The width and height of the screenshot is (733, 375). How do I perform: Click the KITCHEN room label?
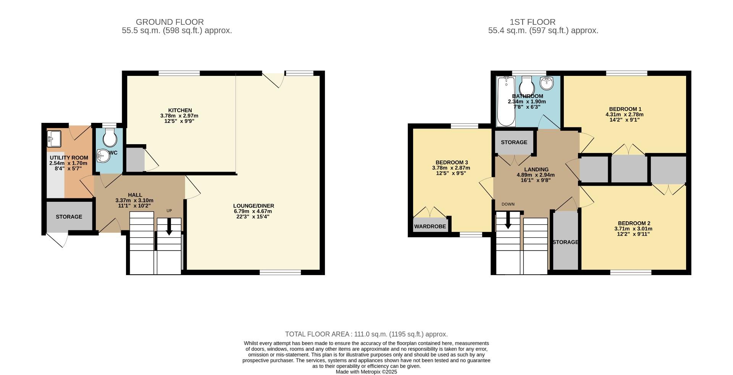(x=179, y=110)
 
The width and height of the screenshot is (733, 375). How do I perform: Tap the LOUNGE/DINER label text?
(x=253, y=206)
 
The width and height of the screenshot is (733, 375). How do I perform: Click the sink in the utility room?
(x=54, y=138)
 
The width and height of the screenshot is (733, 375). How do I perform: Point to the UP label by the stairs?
(x=169, y=211)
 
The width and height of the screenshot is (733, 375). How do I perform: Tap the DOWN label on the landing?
(x=508, y=204)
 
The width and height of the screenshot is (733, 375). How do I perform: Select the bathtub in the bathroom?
(x=506, y=101)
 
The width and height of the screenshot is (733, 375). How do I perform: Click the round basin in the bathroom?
(x=547, y=82)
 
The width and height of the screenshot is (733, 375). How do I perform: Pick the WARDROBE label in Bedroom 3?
(x=430, y=226)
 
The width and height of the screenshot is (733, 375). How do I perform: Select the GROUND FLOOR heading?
(x=170, y=22)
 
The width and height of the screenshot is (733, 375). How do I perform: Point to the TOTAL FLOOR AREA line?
(x=366, y=334)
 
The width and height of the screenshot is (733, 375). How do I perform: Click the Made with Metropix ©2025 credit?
(x=366, y=372)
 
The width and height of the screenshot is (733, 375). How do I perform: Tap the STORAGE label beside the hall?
(x=69, y=217)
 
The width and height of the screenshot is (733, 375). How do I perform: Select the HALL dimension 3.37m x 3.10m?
(x=134, y=200)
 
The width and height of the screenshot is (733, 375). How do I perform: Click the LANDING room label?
(x=536, y=169)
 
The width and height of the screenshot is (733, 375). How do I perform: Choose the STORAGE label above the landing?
(x=514, y=142)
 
